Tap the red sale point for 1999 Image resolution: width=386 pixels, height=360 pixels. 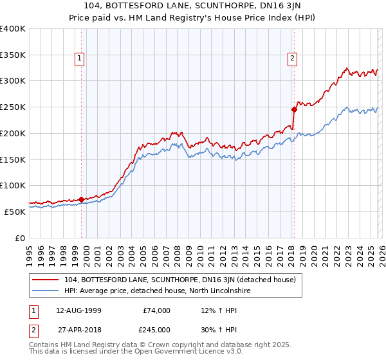81,199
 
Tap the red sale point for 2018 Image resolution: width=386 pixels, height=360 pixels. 294,109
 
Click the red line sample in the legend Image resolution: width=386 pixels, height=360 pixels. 46,280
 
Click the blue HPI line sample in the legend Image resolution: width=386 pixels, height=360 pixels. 46,291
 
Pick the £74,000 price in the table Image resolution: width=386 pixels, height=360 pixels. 156,310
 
